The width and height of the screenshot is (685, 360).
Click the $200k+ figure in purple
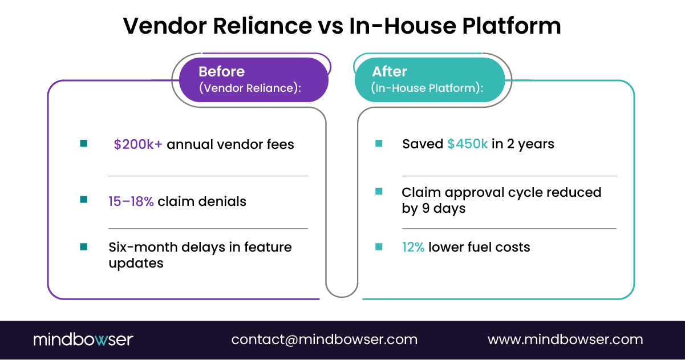(138, 145)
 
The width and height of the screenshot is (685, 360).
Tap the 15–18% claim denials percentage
(131, 201)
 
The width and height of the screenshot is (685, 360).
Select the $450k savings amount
(467, 144)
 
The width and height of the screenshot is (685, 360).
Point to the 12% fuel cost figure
(413, 247)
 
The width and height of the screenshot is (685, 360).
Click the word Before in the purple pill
(221, 72)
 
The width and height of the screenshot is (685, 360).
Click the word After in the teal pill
(390, 72)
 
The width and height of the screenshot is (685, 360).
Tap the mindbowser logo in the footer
(83, 339)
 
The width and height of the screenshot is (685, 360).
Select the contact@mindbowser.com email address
(324, 339)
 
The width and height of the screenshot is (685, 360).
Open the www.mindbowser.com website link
(565, 339)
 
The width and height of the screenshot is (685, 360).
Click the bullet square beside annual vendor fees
(84, 144)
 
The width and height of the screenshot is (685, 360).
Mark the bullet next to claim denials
(84, 200)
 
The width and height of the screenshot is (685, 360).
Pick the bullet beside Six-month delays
(84, 246)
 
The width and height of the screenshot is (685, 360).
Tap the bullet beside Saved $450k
(379, 144)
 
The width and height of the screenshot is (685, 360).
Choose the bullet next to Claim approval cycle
(379, 192)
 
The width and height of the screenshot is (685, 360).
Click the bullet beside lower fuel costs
(379, 246)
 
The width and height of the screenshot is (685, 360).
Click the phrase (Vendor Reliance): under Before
(250, 88)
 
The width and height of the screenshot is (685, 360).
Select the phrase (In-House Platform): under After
(427, 88)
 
